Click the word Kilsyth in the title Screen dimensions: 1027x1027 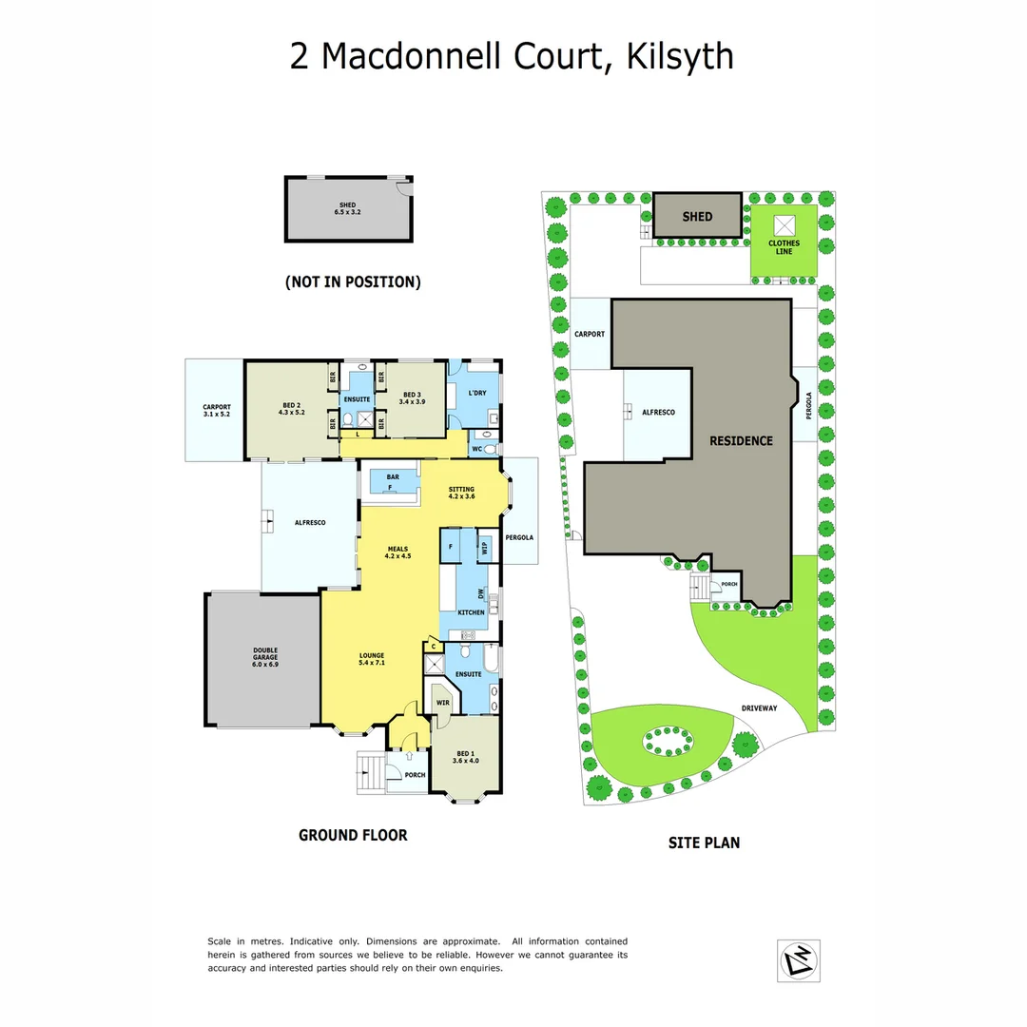[x=680, y=55]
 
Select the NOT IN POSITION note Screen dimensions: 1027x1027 [x=352, y=282]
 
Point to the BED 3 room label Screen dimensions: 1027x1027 [x=411, y=398]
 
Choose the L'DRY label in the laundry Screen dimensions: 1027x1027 [x=477, y=393]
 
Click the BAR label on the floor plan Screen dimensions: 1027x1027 [x=390, y=477]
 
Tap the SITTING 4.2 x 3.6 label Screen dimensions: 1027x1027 [x=461, y=493]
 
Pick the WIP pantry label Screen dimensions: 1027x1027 [x=485, y=548]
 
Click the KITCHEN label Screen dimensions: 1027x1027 [x=471, y=612]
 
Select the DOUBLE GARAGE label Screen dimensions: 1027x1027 [x=265, y=657]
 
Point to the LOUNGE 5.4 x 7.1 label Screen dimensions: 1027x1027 [x=371, y=658]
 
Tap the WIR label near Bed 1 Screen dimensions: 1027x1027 [x=442, y=703]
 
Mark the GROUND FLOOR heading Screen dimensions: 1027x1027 [x=353, y=835]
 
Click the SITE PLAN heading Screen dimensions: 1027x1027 [x=704, y=842]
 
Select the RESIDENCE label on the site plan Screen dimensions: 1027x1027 [x=741, y=441]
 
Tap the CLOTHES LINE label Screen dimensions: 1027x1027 [x=784, y=247]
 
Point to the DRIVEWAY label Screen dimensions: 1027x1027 [x=760, y=708]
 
